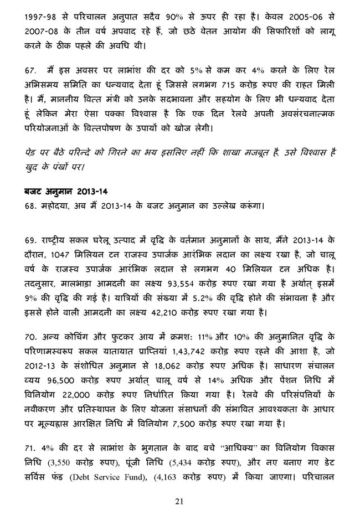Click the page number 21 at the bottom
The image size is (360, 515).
click(179, 502)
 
